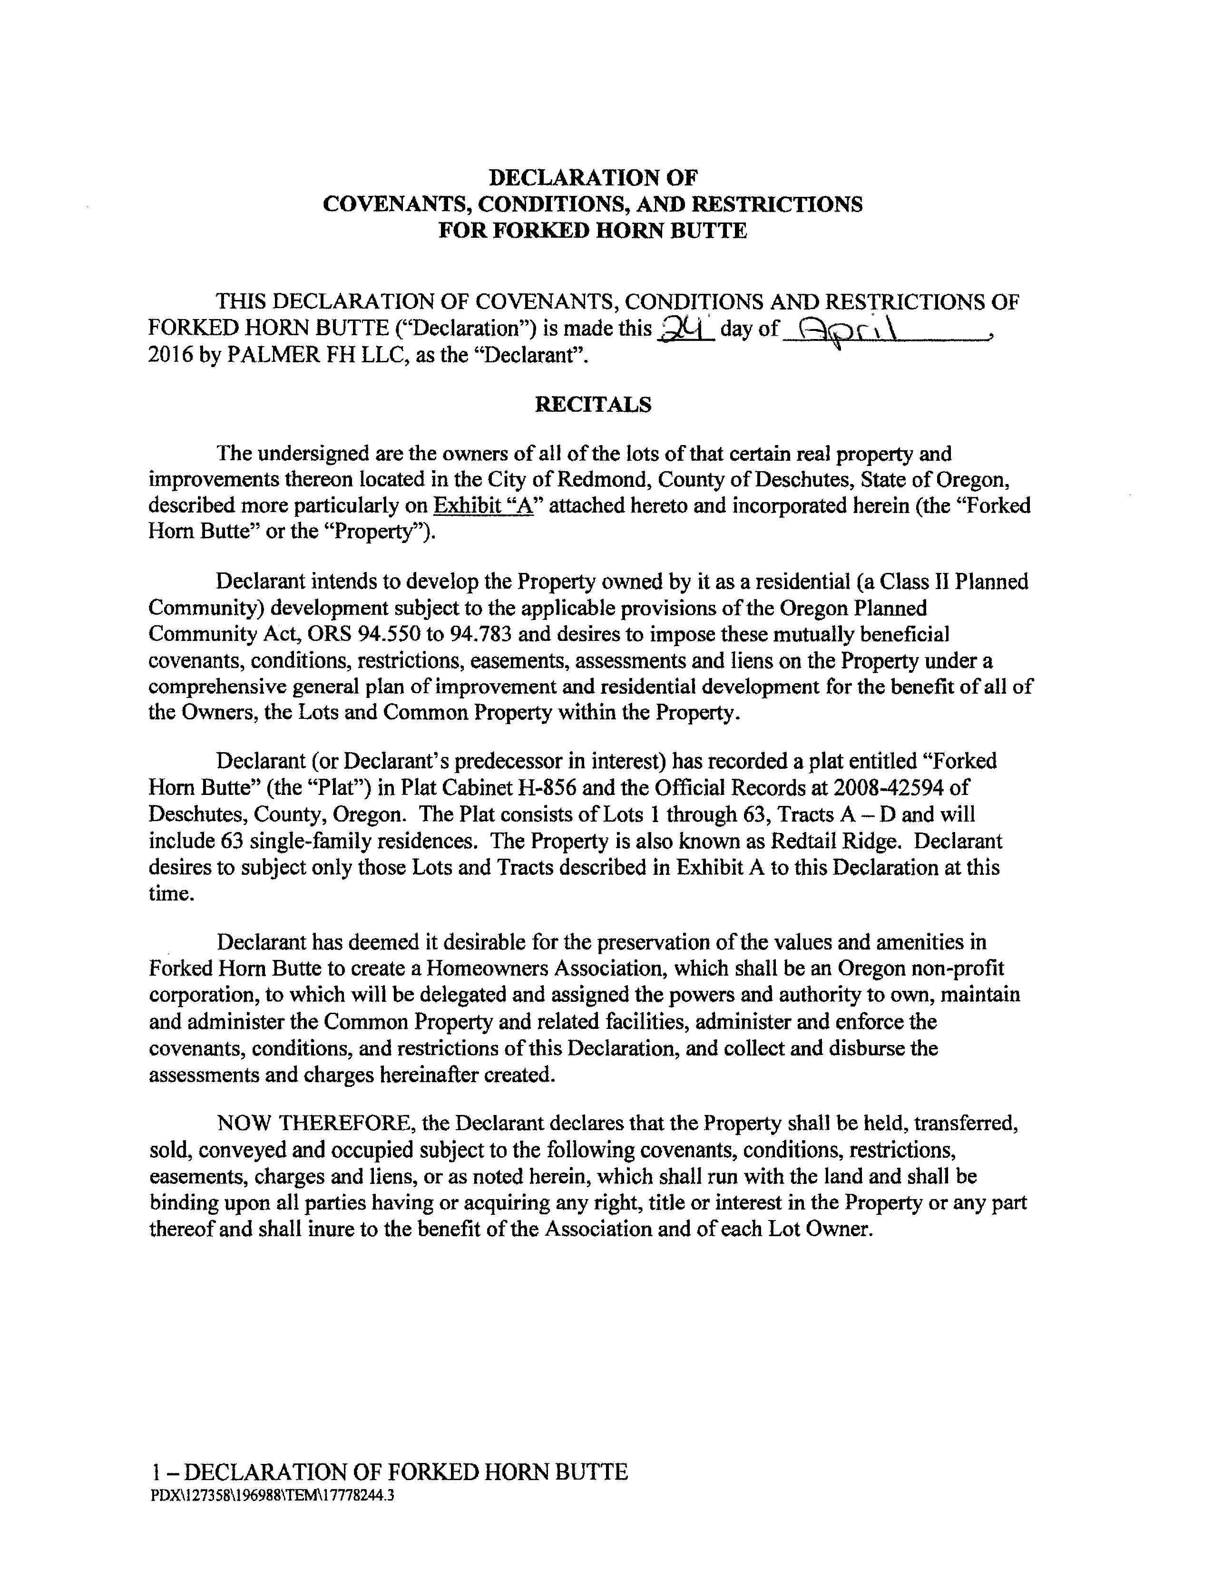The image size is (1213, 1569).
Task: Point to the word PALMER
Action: click(x=268, y=356)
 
